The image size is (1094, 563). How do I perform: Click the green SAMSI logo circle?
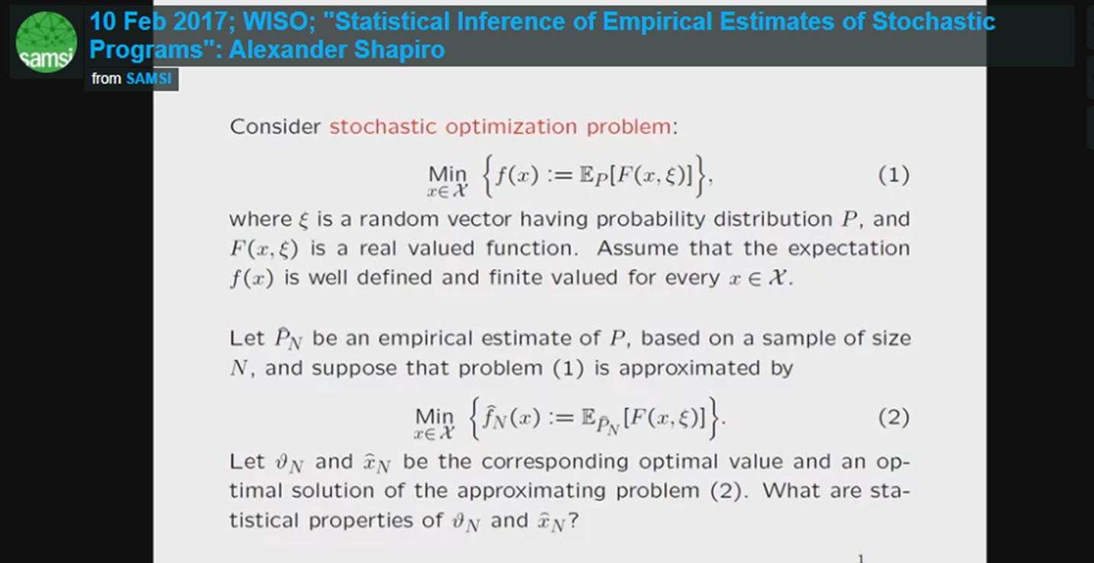46,42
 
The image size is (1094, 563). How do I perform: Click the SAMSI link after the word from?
149,79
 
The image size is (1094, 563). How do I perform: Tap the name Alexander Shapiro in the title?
337,50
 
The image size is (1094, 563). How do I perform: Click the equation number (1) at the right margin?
893,176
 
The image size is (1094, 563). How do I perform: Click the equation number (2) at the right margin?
893,418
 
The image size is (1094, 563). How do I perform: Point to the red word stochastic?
384,126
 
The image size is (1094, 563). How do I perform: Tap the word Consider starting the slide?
275,126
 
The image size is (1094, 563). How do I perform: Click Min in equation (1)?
448,175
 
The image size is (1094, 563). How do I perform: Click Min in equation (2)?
434,416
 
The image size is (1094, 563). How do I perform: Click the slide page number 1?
861,558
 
